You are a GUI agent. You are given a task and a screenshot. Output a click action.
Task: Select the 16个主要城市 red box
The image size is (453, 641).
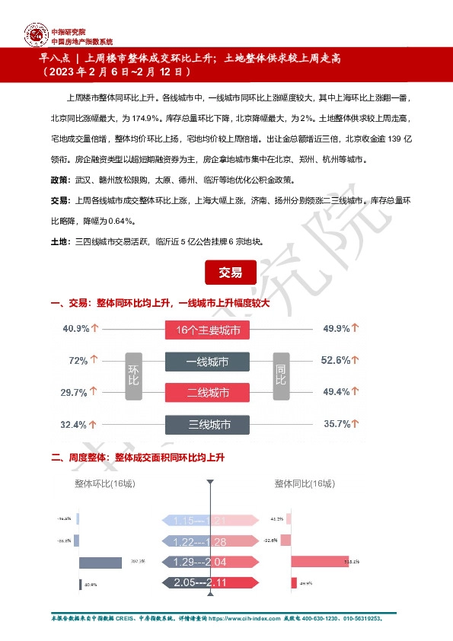pyautogui.click(x=208, y=330)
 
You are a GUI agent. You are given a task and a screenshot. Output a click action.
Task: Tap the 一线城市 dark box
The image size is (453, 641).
pyautogui.click(x=208, y=362)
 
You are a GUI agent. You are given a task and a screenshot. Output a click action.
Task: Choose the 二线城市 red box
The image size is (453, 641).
pyautogui.click(x=208, y=393)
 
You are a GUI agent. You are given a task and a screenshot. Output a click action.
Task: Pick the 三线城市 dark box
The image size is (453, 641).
pyautogui.click(x=208, y=424)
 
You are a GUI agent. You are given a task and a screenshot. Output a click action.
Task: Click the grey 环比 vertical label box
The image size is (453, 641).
pyautogui.click(x=134, y=377)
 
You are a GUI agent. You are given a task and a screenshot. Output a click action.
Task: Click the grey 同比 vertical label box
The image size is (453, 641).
pyautogui.click(x=280, y=377)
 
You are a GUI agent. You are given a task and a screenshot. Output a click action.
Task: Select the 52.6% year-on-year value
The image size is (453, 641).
pyautogui.click(x=336, y=361)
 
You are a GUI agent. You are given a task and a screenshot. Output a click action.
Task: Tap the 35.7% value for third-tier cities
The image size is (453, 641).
pyautogui.click(x=336, y=424)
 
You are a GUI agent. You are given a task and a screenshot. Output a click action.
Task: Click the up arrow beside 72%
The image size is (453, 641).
pyautogui.click(x=94, y=361)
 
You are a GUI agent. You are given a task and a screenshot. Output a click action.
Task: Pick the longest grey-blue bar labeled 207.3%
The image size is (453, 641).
pyautogui.click(x=100, y=563)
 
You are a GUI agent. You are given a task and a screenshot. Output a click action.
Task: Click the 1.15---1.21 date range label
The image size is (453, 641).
pyautogui.click(x=197, y=521)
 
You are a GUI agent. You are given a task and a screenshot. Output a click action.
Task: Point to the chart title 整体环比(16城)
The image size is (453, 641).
pyautogui.click(x=106, y=483)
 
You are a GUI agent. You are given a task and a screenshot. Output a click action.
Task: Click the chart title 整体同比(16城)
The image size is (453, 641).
pyautogui.click(x=305, y=483)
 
